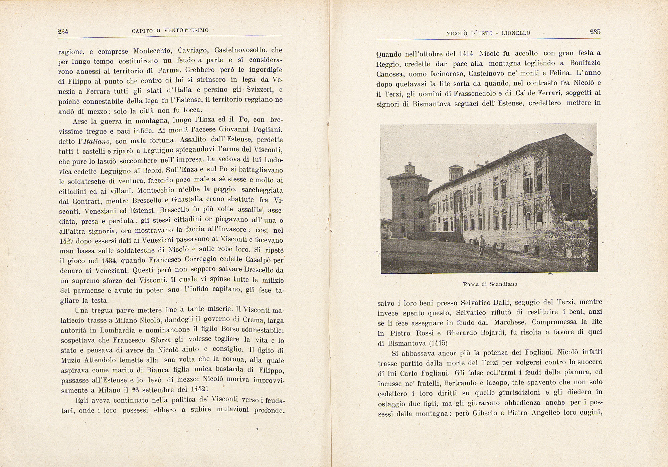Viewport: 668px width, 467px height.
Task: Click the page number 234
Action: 63,31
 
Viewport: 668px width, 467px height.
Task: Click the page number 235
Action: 595,32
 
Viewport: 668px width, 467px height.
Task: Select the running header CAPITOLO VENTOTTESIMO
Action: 170,30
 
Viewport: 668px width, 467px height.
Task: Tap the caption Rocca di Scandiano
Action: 490,284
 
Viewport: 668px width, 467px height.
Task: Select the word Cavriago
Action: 193,51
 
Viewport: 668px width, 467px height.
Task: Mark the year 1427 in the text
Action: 66,241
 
